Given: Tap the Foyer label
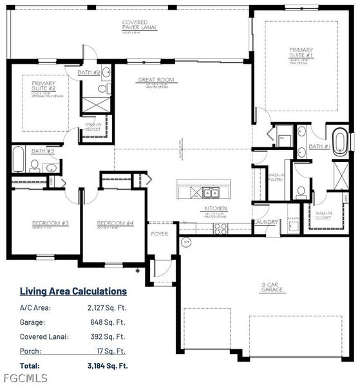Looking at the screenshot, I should [x=159, y=234].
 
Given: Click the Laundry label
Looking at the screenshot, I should [x=266, y=223].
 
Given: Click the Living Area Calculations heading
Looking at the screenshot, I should [x=73, y=291].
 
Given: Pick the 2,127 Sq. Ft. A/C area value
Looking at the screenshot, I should [x=107, y=308].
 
